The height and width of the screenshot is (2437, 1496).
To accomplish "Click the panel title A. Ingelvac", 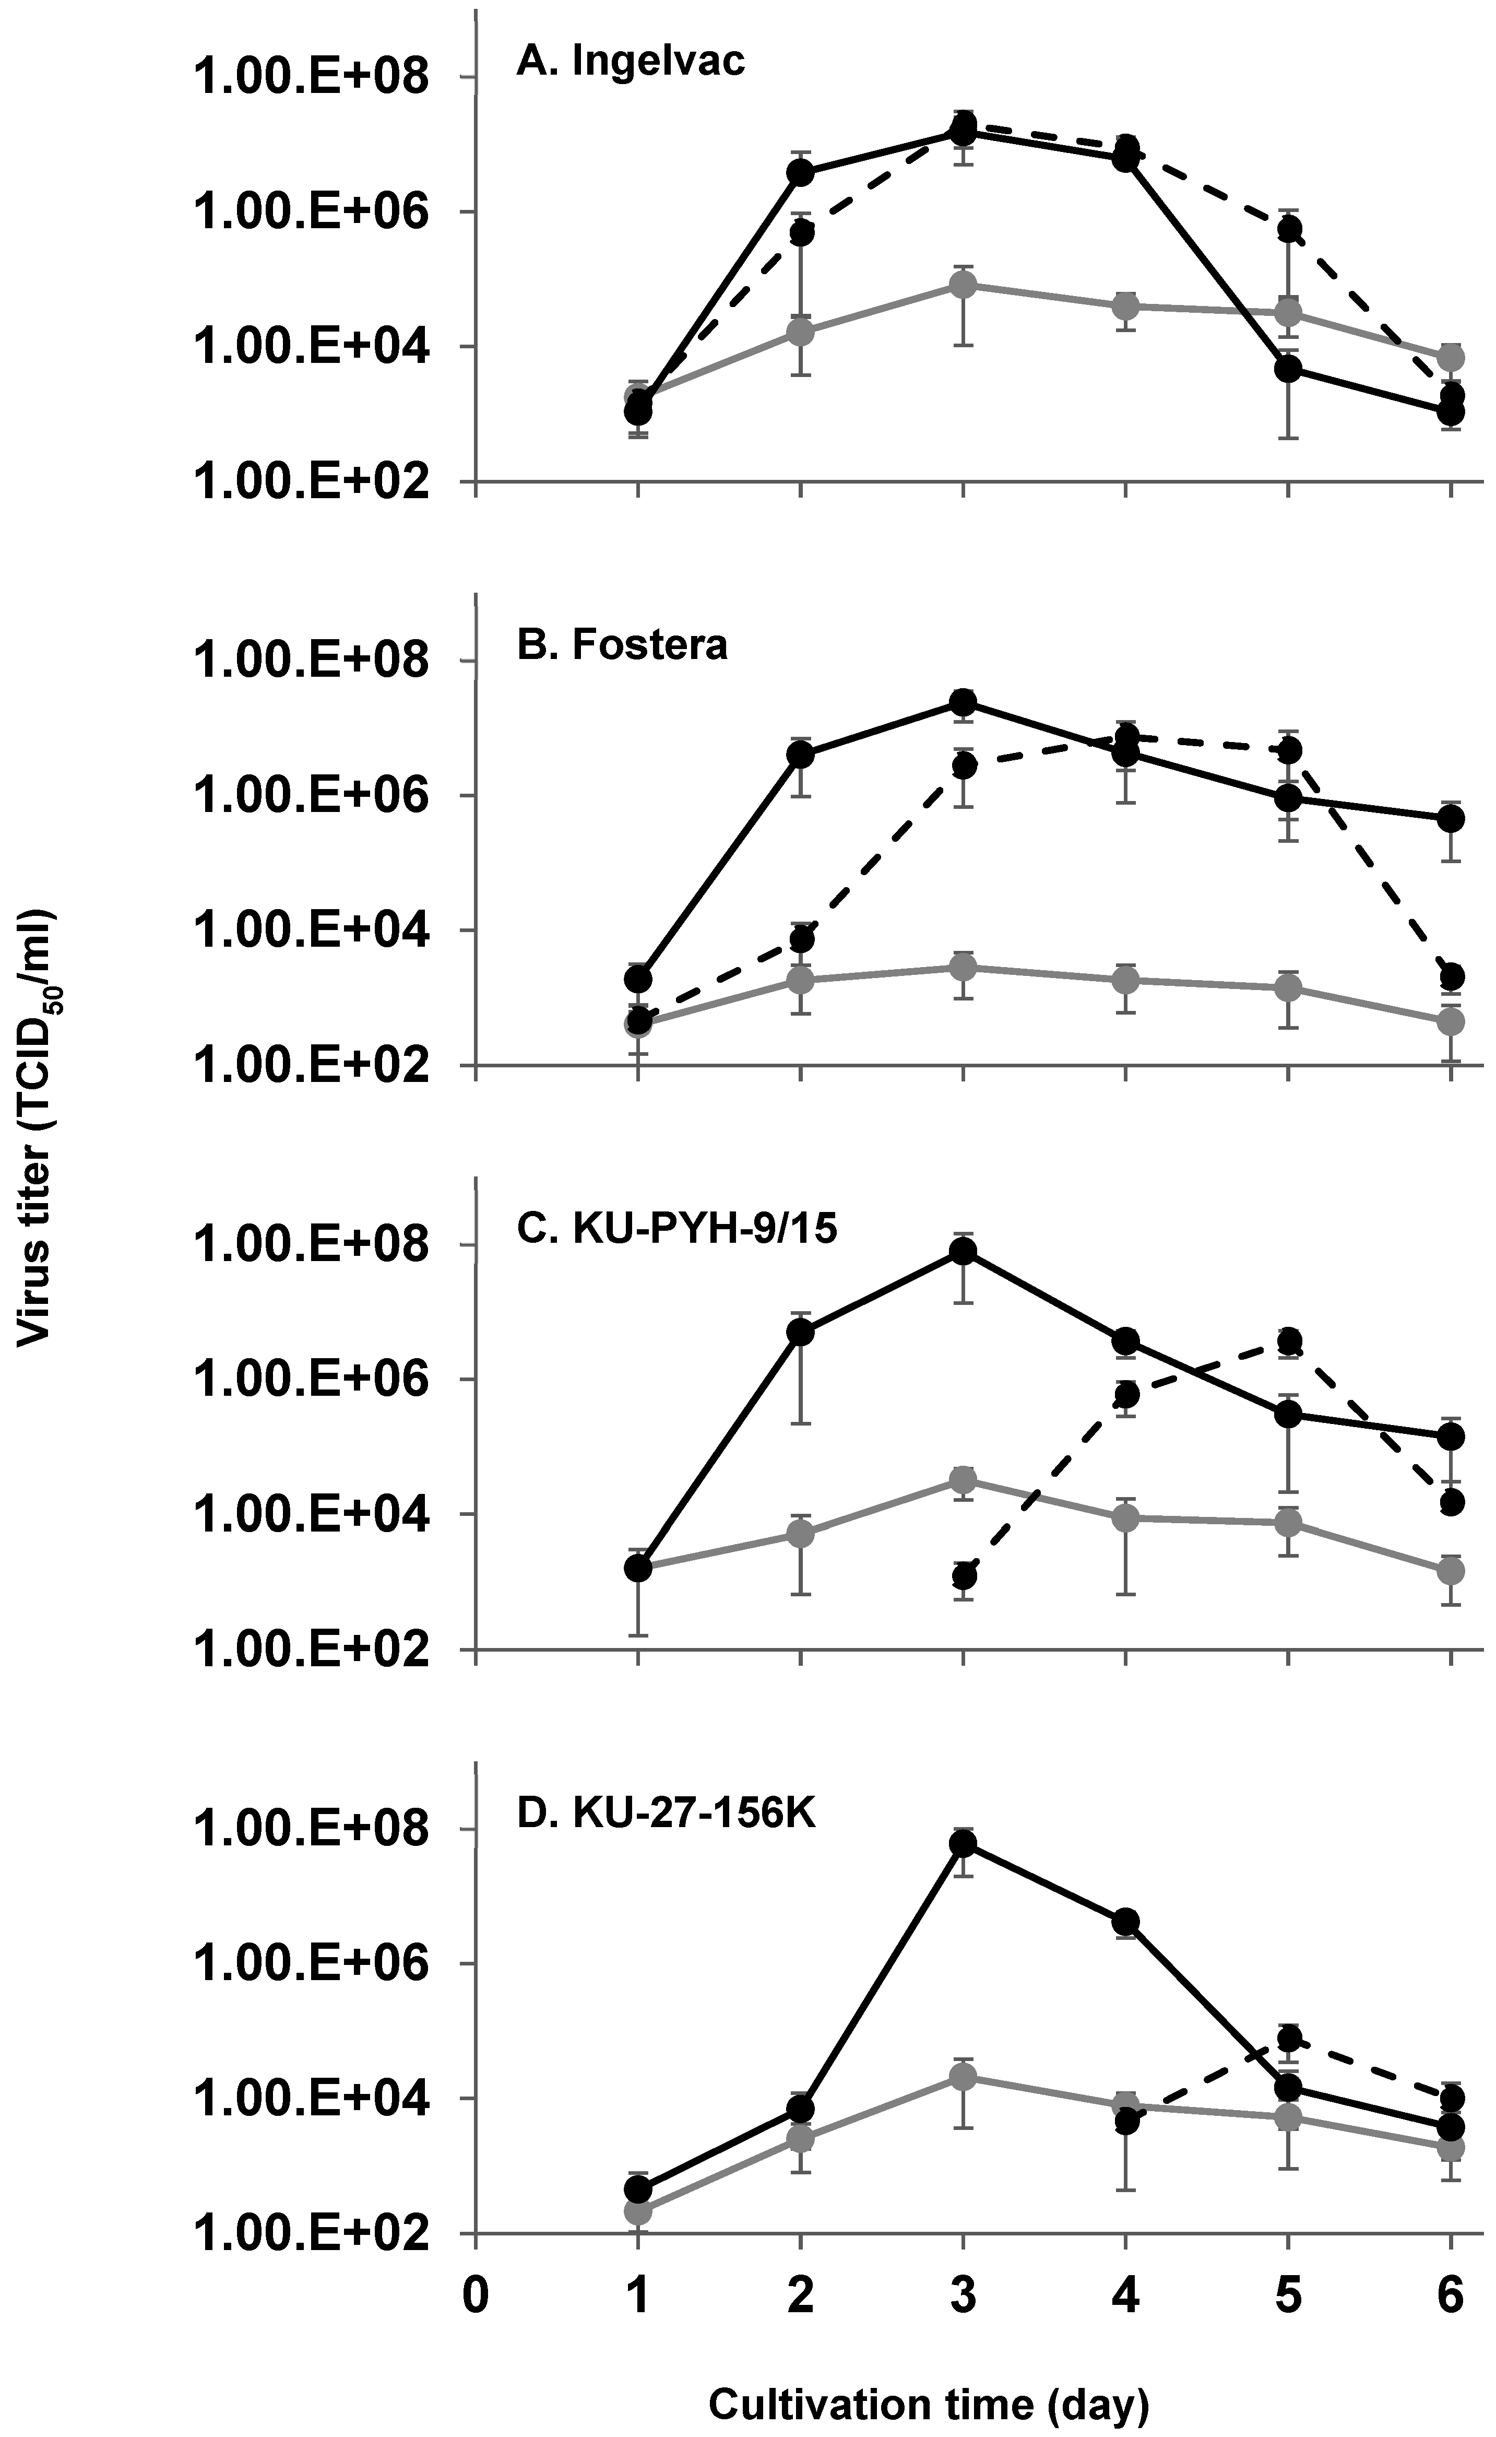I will click(630, 62).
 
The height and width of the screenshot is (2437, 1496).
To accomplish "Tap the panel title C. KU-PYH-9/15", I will click(677, 1228).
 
